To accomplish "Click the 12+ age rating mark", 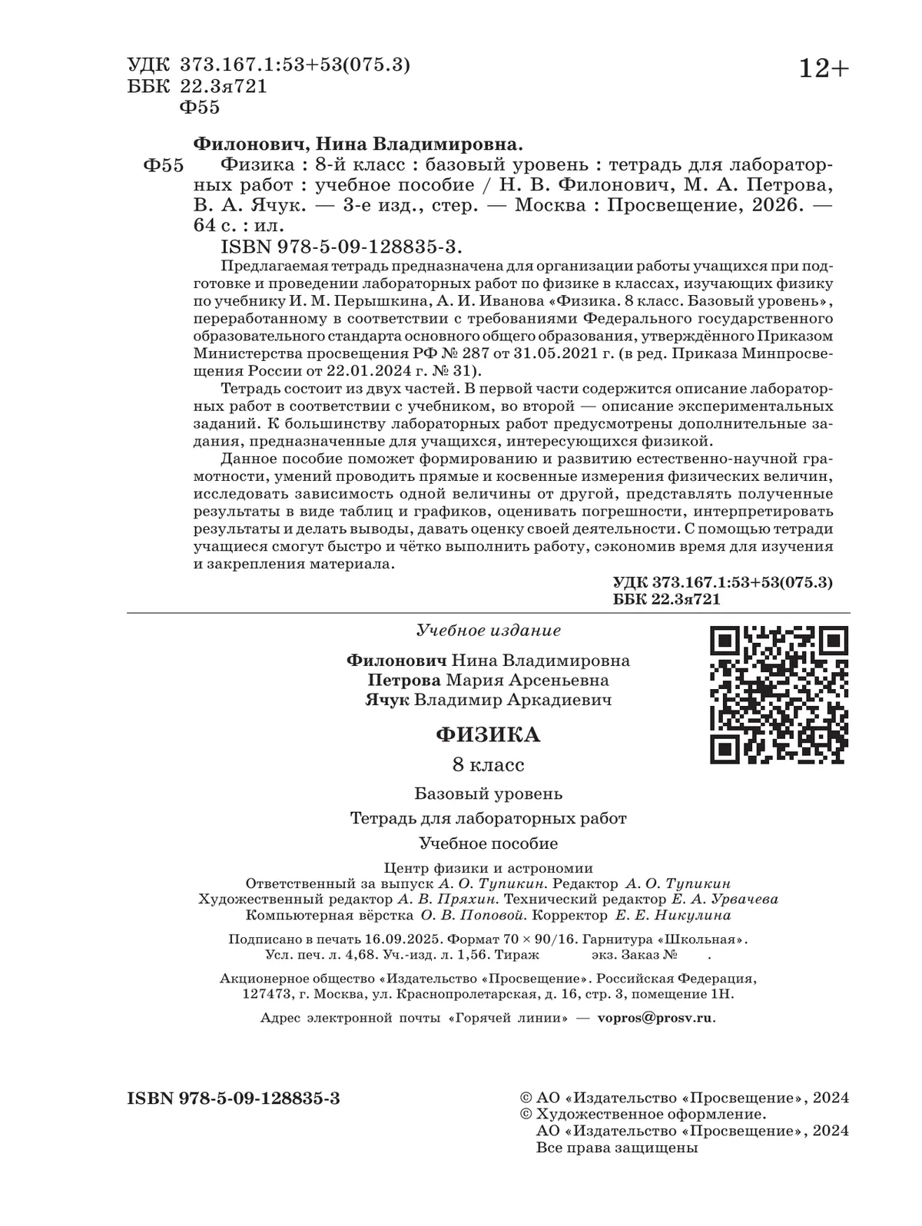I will click(x=824, y=69).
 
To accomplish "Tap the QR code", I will click(x=778, y=694).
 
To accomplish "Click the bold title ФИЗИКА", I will click(x=488, y=735).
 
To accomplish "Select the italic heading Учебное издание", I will click(x=488, y=631).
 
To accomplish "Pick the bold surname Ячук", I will click(x=386, y=700).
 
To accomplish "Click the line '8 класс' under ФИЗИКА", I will click(x=488, y=765).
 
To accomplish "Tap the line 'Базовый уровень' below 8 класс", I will click(x=488, y=793).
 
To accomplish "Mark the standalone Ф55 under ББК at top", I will click(x=199, y=108).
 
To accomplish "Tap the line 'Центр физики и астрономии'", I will click(x=488, y=868).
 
